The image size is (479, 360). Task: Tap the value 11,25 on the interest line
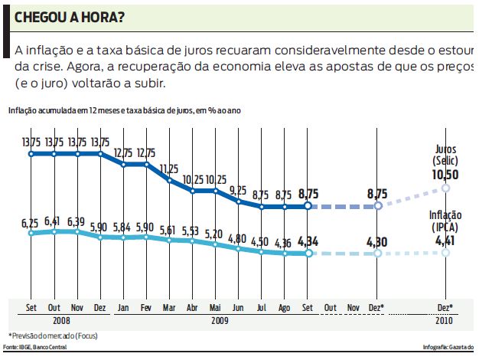tap(169, 169)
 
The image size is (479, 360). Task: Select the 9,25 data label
tap(238, 189)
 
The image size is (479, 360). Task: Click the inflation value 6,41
tap(54, 221)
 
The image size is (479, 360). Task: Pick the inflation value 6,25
tap(31, 222)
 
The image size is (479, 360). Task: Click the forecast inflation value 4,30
tap(376, 243)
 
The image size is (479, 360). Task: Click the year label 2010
tap(446, 321)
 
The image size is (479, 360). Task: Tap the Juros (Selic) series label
tap(446, 156)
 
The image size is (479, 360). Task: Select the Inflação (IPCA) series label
tap(446, 223)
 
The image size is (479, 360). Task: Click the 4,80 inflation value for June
tap(238, 237)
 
